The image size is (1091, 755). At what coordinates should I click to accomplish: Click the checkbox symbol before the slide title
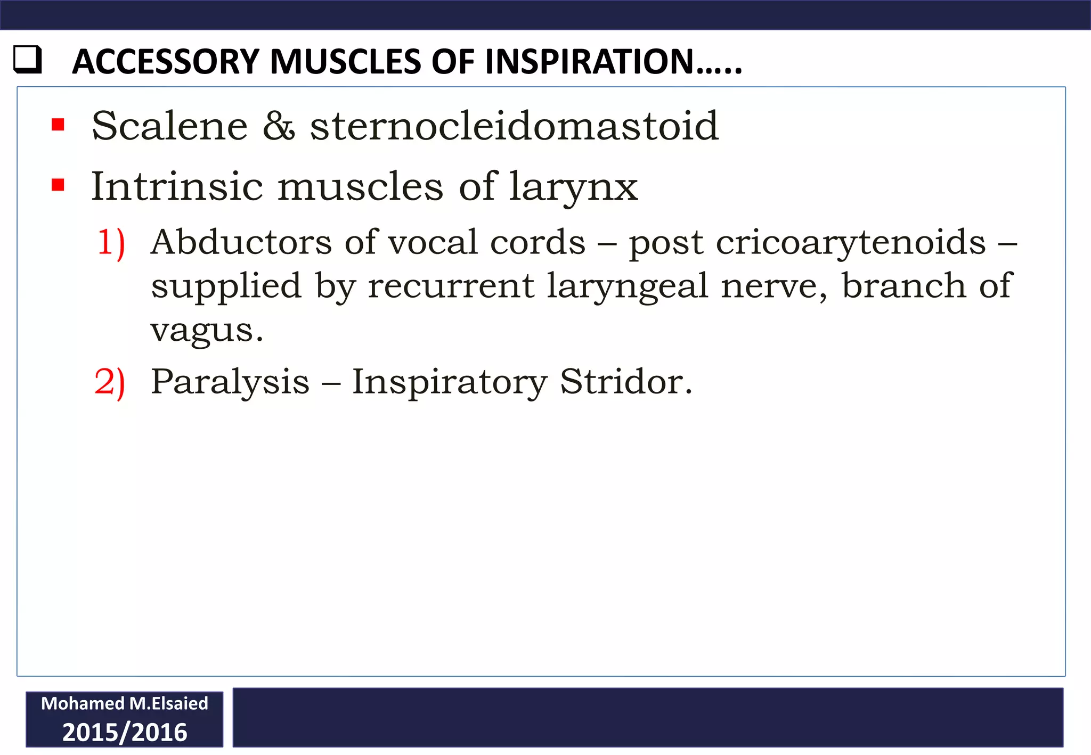pyautogui.click(x=27, y=60)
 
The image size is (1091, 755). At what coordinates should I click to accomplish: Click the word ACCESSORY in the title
pyautogui.click(x=166, y=62)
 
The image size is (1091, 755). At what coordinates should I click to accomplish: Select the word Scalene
pyautogui.click(x=169, y=126)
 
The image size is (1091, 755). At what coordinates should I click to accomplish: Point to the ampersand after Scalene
pyautogui.click(x=279, y=127)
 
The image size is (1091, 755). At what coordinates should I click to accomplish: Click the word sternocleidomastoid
pyautogui.click(x=514, y=126)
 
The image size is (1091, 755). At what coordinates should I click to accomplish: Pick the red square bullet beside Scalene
pyautogui.click(x=58, y=125)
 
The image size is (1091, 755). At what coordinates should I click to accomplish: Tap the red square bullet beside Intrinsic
pyautogui.click(x=58, y=185)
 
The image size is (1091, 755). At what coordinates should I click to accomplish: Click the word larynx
pyautogui.click(x=573, y=187)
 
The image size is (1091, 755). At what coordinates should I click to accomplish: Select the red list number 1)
pyautogui.click(x=111, y=243)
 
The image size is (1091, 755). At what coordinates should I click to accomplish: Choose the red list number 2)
pyautogui.click(x=110, y=382)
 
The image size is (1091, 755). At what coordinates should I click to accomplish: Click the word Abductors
pyautogui.click(x=241, y=242)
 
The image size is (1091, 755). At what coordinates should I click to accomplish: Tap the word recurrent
pyautogui.click(x=451, y=286)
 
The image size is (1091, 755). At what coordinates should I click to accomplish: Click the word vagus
pyautogui.click(x=207, y=331)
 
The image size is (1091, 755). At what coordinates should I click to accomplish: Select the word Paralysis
pyautogui.click(x=230, y=382)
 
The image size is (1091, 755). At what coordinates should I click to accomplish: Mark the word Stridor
pyautogui.click(x=626, y=382)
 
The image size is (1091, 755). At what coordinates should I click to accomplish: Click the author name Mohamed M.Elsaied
pyautogui.click(x=125, y=704)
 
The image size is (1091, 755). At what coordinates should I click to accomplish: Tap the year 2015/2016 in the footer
pyautogui.click(x=125, y=733)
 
